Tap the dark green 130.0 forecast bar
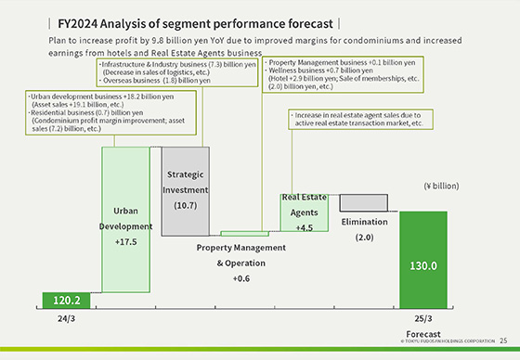(x=422, y=264)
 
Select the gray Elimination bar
(x=364, y=202)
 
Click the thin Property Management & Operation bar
(x=245, y=234)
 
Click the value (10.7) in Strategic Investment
(x=185, y=204)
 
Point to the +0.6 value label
(x=242, y=278)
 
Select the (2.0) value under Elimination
(x=363, y=238)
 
